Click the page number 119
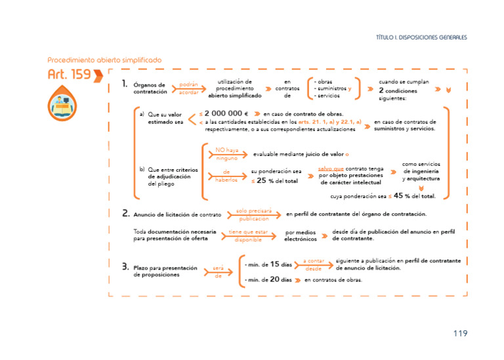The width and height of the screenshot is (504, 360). click(460, 333)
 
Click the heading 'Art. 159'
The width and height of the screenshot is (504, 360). click(69, 75)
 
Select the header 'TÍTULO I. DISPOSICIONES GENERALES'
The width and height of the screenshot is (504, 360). click(421, 37)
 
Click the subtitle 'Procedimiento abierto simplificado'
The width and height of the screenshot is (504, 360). click(104, 60)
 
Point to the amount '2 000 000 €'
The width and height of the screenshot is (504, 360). click(226, 113)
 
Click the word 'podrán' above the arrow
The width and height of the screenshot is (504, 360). click(189, 84)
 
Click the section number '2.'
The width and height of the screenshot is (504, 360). click(125, 213)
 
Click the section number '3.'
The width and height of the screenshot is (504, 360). click(125, 266)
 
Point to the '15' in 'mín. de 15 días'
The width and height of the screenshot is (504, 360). click(276, 264)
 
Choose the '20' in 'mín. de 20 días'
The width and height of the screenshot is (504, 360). click(276, 279)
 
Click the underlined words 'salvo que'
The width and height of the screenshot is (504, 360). click(331, 169)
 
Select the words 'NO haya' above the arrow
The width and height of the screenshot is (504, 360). click(227, 150)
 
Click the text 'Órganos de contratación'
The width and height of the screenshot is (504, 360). click(150, 89)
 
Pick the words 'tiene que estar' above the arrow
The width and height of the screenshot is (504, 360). click(248, 231)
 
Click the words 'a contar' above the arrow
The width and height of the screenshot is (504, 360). click(314, 260)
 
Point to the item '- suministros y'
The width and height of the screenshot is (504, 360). click(333, 89)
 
